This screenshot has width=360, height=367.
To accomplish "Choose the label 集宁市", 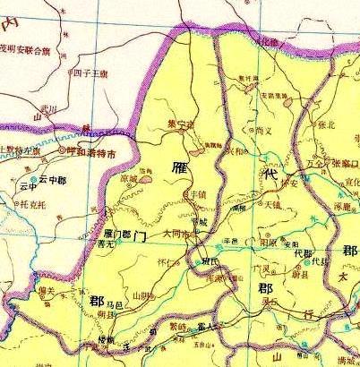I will (180, 125).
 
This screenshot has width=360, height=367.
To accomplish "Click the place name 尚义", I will (262, 131).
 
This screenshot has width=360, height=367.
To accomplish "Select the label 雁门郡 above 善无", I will (118, 233).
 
